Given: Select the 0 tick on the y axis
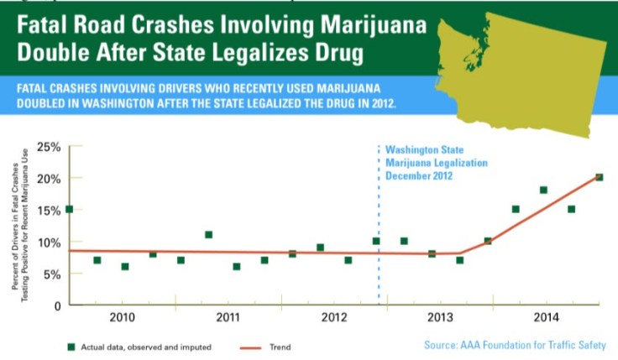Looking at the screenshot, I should point(56,306).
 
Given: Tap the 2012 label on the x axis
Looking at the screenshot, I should point(334,317).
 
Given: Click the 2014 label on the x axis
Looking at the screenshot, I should point(546,317).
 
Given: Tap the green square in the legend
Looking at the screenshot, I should point(72,345).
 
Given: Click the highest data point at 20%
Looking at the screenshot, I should point(599,177).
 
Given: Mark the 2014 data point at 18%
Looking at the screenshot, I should point(543,190).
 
